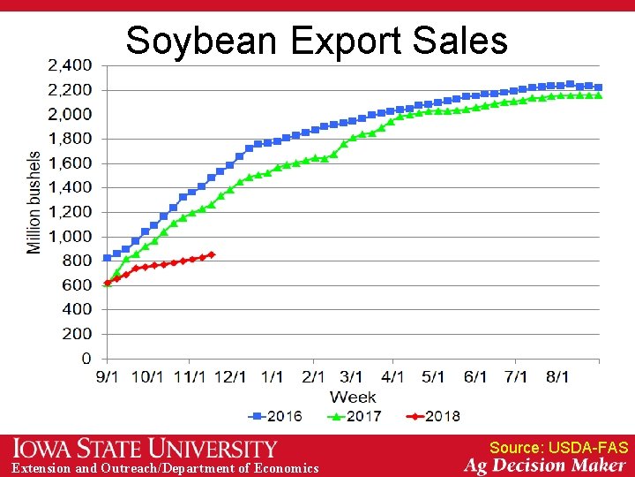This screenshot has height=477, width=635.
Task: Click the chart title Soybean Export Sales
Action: (x=317, y=40)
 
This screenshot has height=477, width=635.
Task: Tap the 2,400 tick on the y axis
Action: (x=68, y=65)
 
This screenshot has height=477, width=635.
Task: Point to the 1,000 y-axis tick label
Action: (x=68, y=236)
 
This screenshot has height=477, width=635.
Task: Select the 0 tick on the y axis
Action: (x=86, y=358)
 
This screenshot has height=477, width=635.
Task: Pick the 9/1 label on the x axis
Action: (x=108, y=377)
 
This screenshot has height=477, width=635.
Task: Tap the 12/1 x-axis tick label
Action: (x=230, y=377)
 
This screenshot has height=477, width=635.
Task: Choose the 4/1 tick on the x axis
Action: (x=393, y=377)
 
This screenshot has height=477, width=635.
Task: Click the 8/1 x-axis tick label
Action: (x=557, y=377)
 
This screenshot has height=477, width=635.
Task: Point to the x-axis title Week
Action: (x=353, y=397)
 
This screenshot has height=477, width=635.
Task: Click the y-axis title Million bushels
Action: (x=34, y=202)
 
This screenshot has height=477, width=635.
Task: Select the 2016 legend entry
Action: (x=276, y=416)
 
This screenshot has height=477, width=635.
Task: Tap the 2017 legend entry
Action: (x=355, y=416)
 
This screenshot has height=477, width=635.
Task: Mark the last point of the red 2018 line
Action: (x=212, y=254)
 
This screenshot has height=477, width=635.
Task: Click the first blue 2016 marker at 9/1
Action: (x=108, y=258)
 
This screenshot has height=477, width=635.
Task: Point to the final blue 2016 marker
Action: (x=599, y=87)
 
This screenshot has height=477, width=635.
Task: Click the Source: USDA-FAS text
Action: (x=558, y=448)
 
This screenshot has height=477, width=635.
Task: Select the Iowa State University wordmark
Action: (x=145, y=449)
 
